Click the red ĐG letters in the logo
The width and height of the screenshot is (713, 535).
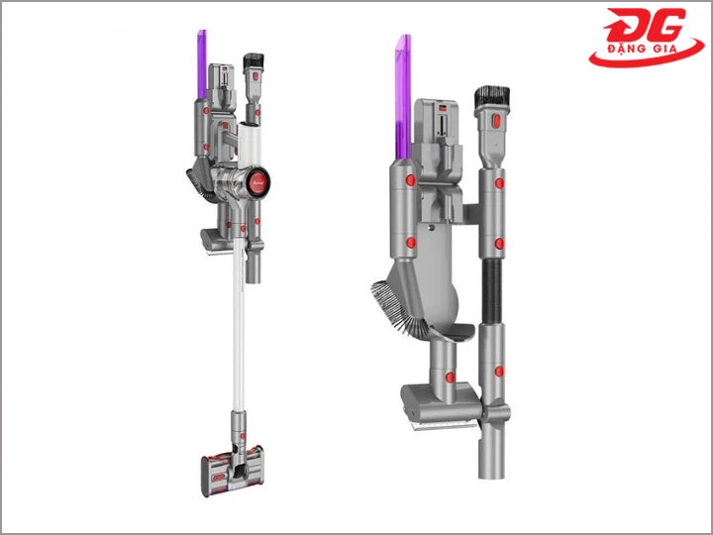click(644, 26)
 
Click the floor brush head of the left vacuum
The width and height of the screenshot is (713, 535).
click(232, 471)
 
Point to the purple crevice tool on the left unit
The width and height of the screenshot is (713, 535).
click(202, 64)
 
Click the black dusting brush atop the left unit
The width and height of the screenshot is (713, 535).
click(254, 60)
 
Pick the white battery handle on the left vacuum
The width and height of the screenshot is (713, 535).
click(251, 144)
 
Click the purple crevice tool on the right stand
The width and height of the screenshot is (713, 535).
click(404, 96)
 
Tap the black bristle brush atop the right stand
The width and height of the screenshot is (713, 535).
click(492, 96)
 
